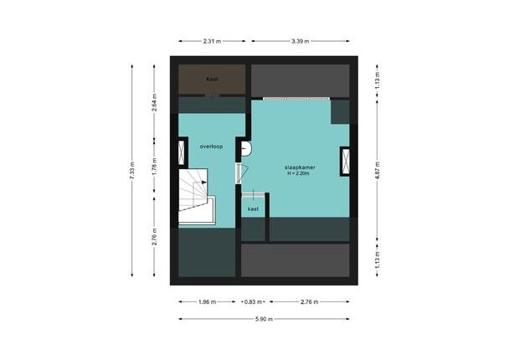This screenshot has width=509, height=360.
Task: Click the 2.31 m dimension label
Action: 212,41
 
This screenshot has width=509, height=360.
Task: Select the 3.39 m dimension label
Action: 301,41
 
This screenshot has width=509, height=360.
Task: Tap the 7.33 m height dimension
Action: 132,171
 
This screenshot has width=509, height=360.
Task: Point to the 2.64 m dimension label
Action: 155,102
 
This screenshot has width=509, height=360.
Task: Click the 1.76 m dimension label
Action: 155,167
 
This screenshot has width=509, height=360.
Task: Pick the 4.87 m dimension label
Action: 378,171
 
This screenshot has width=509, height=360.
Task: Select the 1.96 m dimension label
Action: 207,302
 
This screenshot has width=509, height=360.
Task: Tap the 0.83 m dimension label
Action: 253,302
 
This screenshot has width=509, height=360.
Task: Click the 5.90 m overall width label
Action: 264,319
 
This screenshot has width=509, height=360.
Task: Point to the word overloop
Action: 211,147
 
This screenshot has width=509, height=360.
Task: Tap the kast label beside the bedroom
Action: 253,209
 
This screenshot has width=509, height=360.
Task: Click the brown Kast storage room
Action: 212,80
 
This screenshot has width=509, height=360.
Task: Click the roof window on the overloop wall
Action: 181,152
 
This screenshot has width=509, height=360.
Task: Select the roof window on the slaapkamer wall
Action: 346,162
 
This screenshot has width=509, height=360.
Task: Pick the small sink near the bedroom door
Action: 246,149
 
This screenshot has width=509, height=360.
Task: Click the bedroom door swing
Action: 243,173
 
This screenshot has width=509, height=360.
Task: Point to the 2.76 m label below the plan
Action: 310,302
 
